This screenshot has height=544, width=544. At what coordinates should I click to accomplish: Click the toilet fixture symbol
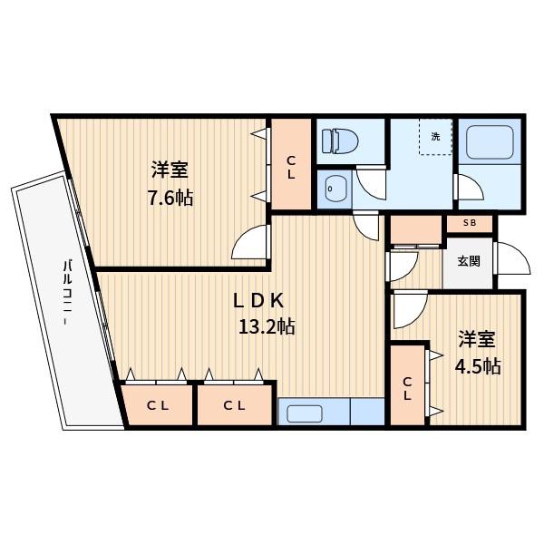340,141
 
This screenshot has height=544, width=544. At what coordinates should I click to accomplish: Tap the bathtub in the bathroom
490,142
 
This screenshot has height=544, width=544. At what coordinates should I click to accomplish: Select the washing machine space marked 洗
435,137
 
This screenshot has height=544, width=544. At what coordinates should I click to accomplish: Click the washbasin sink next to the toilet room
335,189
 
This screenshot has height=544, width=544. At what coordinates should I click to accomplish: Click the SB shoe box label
470,223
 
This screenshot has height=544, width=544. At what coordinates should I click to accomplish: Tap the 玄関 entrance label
469,261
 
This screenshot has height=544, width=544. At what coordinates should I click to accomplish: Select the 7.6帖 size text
170,198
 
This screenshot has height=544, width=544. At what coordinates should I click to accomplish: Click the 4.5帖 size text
478,366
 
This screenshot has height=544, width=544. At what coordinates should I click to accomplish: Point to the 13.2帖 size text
267,326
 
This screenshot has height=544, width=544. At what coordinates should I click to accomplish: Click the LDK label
258,301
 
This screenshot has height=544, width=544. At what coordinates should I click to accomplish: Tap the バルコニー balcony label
67,293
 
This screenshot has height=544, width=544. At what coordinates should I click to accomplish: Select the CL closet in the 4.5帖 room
407,389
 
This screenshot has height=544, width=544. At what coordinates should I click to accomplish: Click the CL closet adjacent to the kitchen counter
235,405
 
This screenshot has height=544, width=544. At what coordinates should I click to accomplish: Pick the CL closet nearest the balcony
158,405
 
